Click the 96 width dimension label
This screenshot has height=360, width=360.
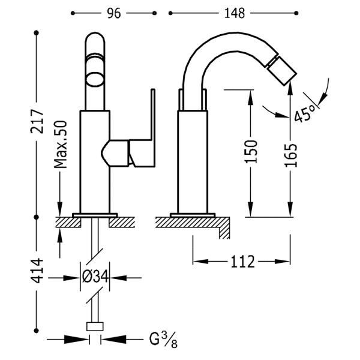coord(113,13)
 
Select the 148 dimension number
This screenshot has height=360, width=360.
coord(235,13)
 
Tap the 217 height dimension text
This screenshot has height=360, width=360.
coord(37,121)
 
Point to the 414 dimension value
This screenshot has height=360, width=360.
coord(37,271)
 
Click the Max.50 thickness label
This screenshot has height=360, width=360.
coord(61,144)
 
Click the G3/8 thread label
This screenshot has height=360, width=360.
coord(163,340)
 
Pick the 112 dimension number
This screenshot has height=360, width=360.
coord(243,262)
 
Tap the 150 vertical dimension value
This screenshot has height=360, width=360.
coord(251,152)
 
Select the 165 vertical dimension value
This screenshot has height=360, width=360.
coord(290,155)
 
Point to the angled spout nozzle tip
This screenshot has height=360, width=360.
coord(282,70)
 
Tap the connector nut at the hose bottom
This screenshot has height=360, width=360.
coord(95,326)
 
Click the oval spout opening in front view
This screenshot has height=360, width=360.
coord(95,80)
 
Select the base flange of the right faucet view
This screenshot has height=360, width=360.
coord(193,215)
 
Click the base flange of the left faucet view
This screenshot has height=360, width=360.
coord(95,215)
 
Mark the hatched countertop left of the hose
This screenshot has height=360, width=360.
coord(68,222)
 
